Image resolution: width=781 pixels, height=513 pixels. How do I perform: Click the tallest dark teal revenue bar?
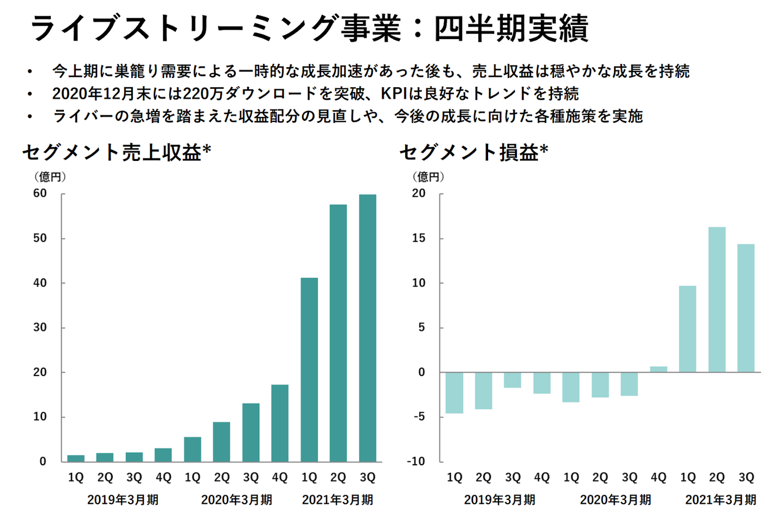tap(367, 328)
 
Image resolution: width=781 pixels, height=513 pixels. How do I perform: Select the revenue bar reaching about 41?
tap(309, 369)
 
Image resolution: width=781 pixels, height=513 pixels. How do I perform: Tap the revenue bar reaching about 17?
tap(280, 423)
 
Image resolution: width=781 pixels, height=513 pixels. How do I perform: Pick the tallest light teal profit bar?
tap(716, 300)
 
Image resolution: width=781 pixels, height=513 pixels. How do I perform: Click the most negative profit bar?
tap(454, 393)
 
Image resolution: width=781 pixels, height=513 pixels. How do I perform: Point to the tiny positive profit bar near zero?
tap(658, 369)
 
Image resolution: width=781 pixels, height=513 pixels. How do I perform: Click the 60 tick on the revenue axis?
tap(40, 193)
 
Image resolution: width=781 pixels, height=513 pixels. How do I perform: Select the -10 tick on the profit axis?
tap(417, 462)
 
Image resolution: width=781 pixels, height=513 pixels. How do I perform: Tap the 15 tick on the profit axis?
tap(419, 238)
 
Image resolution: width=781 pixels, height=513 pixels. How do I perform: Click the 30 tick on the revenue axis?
tap(40, 328)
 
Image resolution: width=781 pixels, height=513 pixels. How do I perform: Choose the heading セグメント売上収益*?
tap(116, 153)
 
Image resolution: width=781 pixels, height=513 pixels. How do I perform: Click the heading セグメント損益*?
tap(473, 153)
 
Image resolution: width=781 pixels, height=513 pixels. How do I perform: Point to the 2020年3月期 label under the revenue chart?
tap(236, 499)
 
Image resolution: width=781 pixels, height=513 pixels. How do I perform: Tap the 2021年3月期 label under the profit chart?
tap(720, 499)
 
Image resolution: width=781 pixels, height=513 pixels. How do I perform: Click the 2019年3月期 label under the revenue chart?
tap(123, 499)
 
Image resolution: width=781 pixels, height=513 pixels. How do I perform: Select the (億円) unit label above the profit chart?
tap(428, 177)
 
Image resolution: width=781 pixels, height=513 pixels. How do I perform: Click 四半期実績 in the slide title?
tap(511, 28)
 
